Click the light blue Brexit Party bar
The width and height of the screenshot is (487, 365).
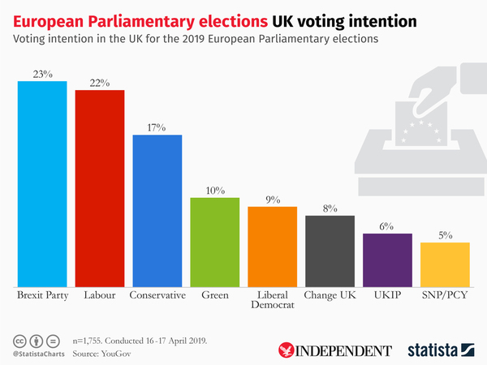coord(42,183)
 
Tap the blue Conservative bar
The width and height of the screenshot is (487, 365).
coord(157,210)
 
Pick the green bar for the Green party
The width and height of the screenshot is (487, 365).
coord(214,242)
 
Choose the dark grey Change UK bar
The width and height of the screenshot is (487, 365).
coord(330,251)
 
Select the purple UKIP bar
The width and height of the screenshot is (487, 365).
coord(387,260)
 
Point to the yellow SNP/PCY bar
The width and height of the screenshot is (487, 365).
coord(445,264)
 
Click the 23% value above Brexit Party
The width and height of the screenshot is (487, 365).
coord(42,74)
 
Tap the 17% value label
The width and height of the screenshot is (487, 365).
coord(157,127)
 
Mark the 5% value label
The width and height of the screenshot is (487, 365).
coord(445,235)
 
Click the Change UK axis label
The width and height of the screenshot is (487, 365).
coord(330,295)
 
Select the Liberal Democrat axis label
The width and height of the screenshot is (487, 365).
coord(272,301)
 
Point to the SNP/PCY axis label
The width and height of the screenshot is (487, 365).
coord(445,295)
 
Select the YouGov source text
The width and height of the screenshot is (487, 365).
coord(115,354)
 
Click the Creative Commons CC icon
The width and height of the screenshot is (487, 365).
coord(18,340)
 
